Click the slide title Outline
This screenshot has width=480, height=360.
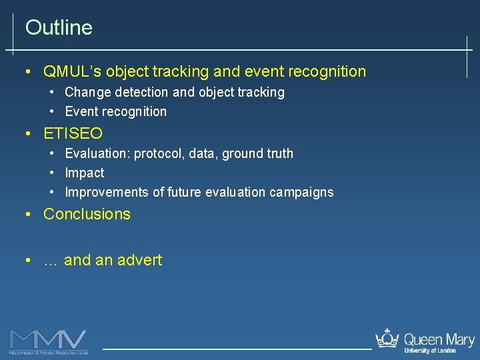point(59,28)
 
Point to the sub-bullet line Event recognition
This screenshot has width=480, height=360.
point(115,112)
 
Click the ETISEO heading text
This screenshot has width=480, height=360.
point(73,134)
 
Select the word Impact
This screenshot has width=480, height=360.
point(85,173)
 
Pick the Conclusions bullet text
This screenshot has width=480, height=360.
point(87,215)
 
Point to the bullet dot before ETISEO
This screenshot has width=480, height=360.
point(27,134)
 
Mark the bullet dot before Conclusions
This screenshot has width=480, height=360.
point(27,215)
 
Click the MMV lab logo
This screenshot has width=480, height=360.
point(48,341)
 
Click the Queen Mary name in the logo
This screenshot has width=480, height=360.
point(438,339)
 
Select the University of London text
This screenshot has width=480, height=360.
point(430,351)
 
